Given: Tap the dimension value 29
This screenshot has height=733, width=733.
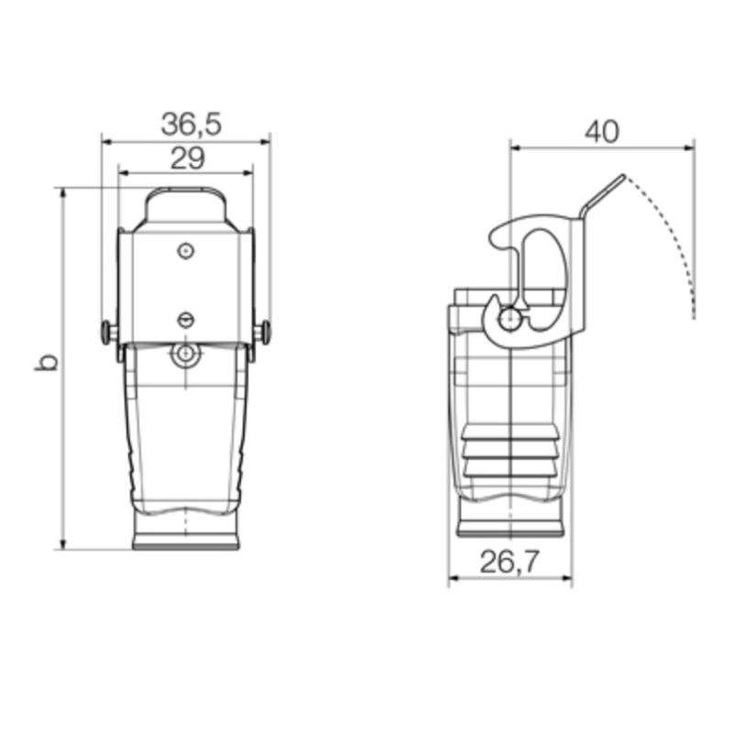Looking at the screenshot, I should click(x=187, y=158).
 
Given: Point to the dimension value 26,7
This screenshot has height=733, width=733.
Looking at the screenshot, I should click(x=509, y=563).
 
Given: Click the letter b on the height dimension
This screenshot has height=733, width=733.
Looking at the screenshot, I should click(x=47, y=362).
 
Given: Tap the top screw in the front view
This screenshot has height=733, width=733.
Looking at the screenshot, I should click(x=186, y=250).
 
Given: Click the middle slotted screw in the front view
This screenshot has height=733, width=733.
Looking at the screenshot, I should click(x=186, y=319).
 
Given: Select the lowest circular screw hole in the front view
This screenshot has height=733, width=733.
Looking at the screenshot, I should click(x=186, y=354).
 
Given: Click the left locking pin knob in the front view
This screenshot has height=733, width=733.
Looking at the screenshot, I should click(x=107, y=332).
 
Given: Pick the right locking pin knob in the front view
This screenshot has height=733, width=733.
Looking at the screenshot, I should click(x=265, y=332).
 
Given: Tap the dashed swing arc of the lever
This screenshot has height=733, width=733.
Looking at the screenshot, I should click(x=678, y=238).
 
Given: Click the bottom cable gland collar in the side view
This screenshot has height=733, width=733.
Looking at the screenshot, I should click(x=510, y=529).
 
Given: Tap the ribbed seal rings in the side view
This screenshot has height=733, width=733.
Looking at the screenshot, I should click(x=510, y=454).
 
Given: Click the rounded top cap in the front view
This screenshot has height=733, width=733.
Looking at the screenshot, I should click(x=186, y=206).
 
